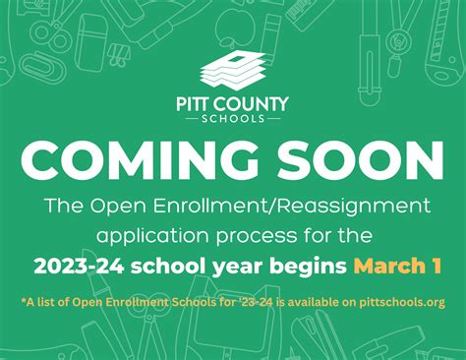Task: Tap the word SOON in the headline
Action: [362, 160]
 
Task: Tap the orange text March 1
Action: [396, 266]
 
